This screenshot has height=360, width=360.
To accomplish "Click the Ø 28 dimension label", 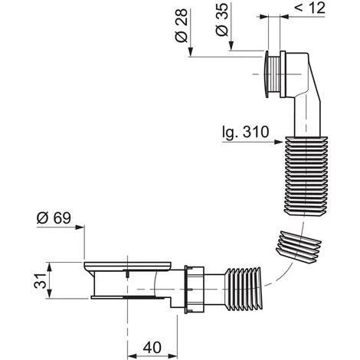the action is tap(182, 25).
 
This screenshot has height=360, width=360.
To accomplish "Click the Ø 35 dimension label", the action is tap(221, 20).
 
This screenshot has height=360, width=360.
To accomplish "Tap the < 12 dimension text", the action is tap(310, 8).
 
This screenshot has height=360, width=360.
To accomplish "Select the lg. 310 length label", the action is tap(246, 133).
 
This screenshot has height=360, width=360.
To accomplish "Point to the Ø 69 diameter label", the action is tap(54, 218).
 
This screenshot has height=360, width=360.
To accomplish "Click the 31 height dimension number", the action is tap(40, 280).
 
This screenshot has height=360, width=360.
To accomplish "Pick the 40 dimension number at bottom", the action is tap(152, 347).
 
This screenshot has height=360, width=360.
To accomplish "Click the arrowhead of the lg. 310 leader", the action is tap(280, 142).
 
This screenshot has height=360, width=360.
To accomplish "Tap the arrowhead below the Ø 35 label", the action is tap(231, 45).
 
